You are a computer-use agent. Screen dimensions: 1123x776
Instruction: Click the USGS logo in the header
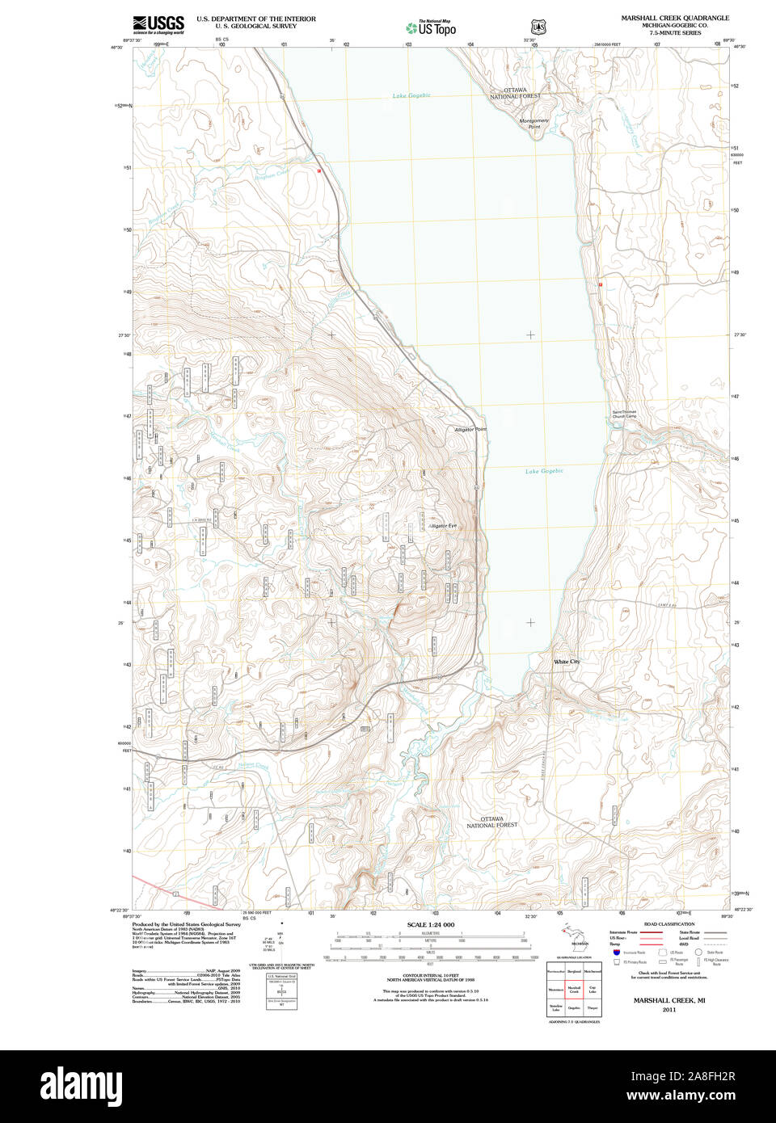(x=158, y=24)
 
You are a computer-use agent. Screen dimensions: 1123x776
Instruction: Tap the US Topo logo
(x=431, y=28)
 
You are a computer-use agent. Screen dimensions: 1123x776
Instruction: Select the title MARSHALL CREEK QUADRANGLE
(x=674, y=18)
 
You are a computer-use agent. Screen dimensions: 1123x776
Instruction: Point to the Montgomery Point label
(x=533, y=124)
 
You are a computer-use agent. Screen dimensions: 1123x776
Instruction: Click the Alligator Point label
(x=470, y=429)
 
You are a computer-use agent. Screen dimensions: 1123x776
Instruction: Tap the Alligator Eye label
(x=442, y=526)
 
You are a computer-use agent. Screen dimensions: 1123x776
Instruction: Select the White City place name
(x=567, y=662)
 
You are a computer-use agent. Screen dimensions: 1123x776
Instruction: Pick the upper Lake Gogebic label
(x=411, y=95)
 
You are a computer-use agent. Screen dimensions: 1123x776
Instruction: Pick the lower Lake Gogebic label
(x=544, y=471)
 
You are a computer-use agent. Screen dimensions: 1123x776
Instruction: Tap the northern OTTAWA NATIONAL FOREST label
(x=515, y=93)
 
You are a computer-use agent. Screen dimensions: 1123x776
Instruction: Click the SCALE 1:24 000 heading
(x=430, y=924)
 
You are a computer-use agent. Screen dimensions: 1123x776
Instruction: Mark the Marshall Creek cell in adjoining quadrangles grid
(x=574, y=989)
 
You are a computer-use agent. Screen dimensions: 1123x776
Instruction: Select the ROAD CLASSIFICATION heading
(x=668, y=923)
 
